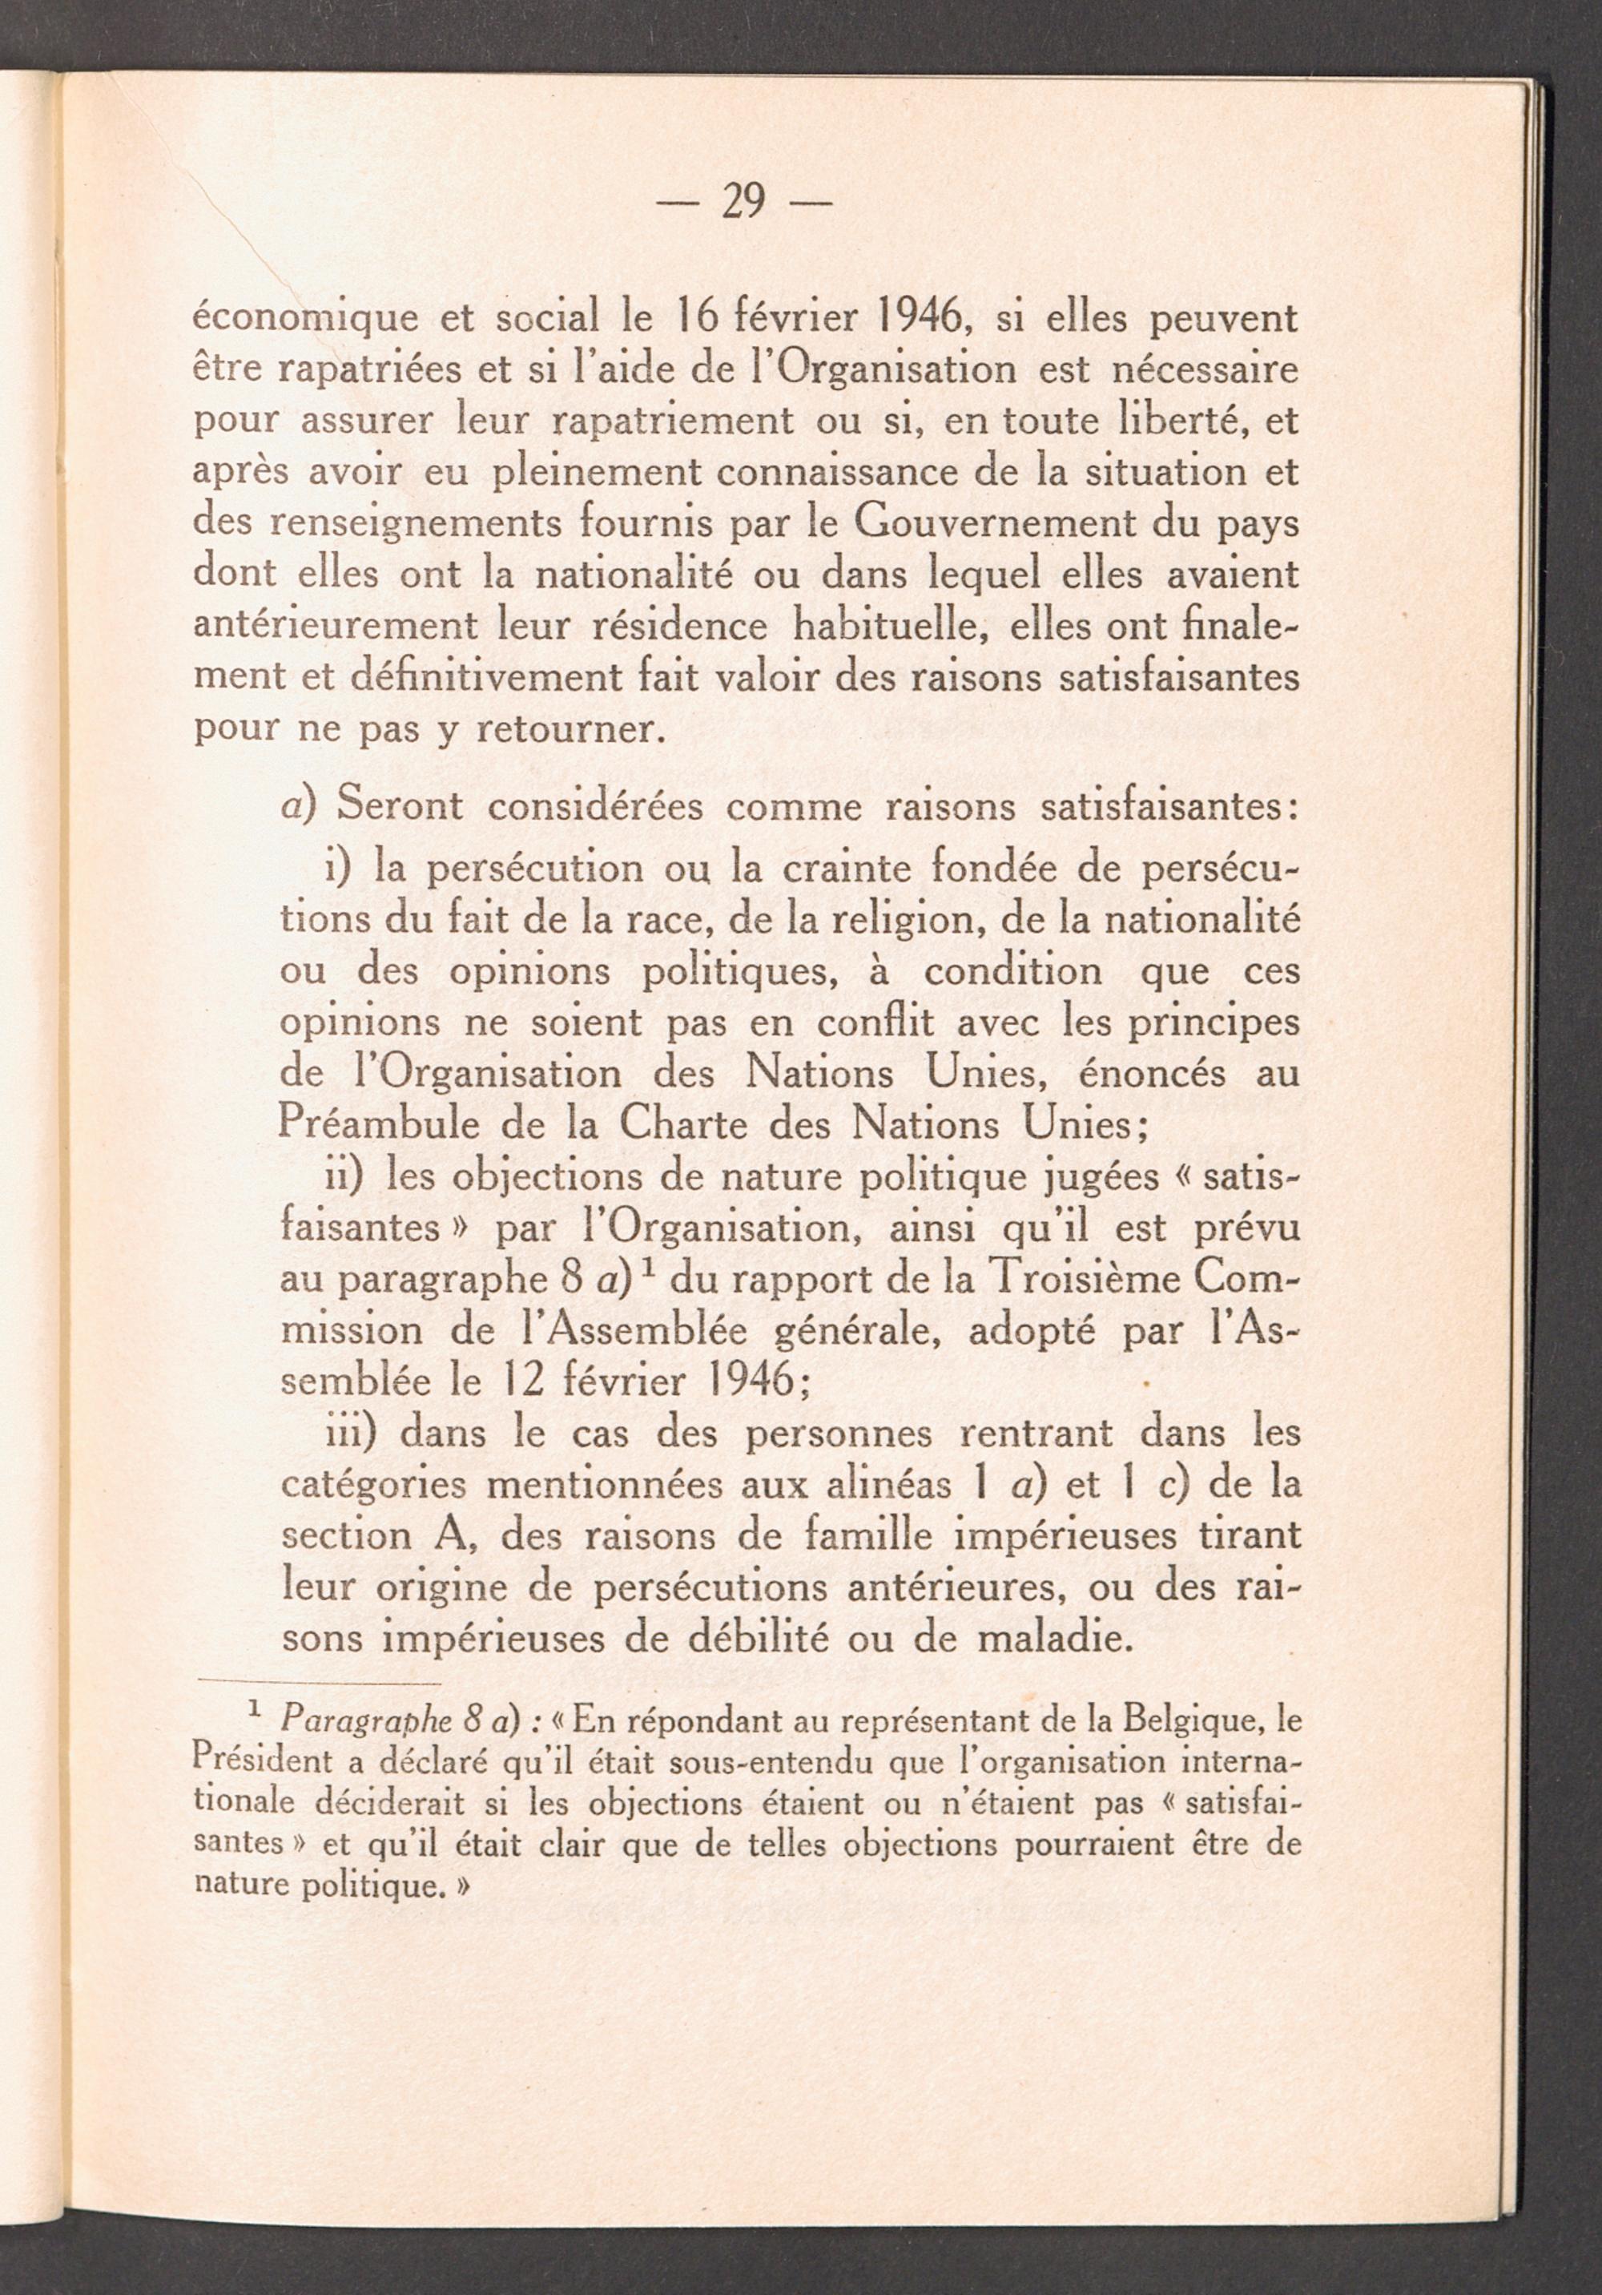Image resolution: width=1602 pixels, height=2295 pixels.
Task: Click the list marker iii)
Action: [x=352, y=1433]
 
